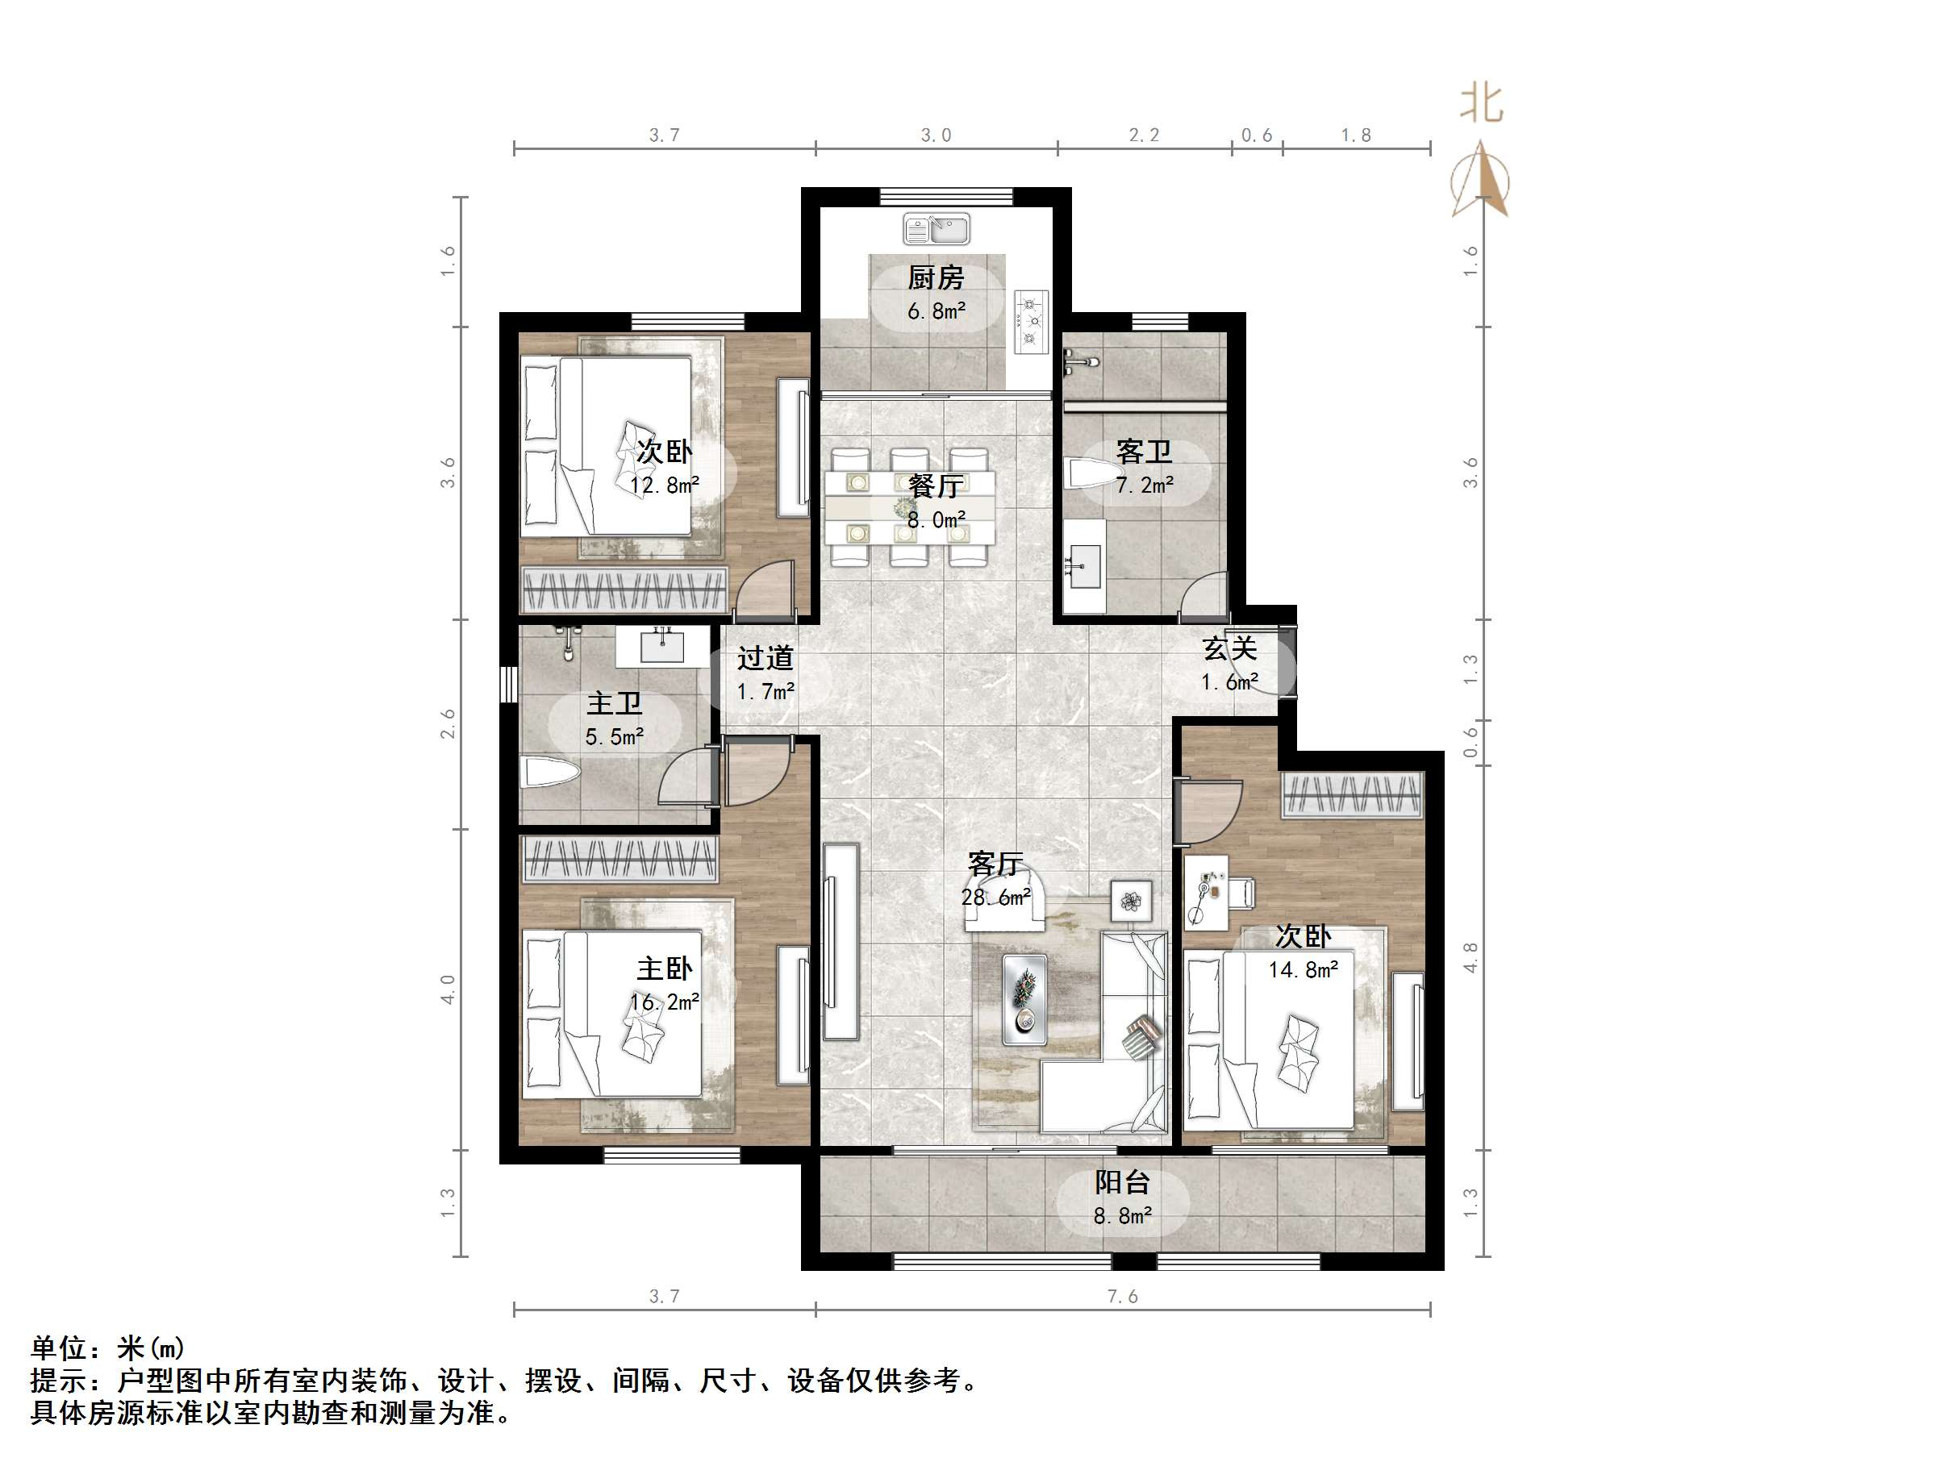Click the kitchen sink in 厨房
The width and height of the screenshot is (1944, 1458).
coord(936,229)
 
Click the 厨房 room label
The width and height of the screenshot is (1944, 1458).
coord(936,278)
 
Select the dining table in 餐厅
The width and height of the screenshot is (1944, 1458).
coord(910,508)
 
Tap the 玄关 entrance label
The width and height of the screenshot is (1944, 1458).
coord(1229,648)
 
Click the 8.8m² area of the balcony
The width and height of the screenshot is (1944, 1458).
coord(1122,1216)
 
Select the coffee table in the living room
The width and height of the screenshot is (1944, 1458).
coord(1024,999)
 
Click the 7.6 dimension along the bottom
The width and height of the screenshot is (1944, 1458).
coord(1122,1296)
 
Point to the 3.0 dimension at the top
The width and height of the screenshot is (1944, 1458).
coord(936,135)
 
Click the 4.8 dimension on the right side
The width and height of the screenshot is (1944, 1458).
coord(1471,957)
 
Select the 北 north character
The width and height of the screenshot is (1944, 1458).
coord(1482,104)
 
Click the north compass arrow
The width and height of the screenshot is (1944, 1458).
coord(1482,180)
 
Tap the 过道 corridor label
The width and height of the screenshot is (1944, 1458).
coord(765,658)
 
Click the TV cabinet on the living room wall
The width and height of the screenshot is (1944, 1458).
coord(841,941)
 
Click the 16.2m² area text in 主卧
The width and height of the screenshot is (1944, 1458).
coord(665,1002)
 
